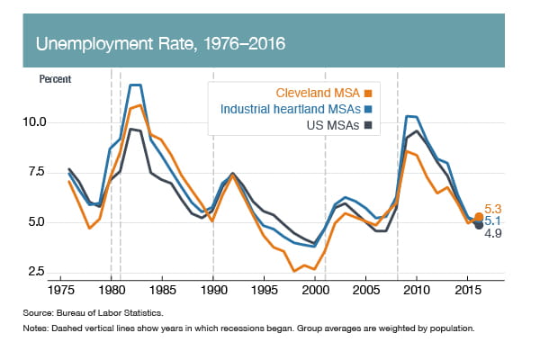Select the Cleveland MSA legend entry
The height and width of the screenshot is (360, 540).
(322, 91)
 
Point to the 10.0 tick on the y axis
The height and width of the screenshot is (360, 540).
(47, 121)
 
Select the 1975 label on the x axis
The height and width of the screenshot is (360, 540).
(60, 292)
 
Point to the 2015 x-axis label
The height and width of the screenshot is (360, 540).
(467, 292)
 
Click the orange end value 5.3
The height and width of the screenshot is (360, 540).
(494, 208)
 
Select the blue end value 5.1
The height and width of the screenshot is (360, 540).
(494, 220)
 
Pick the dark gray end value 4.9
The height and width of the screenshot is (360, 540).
(494, 233)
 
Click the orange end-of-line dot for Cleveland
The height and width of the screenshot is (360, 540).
(479, 216)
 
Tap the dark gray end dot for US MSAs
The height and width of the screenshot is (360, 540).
(479, 225)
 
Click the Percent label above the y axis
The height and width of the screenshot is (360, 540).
(55, 78)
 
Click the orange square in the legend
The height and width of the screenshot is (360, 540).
(367, 91)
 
